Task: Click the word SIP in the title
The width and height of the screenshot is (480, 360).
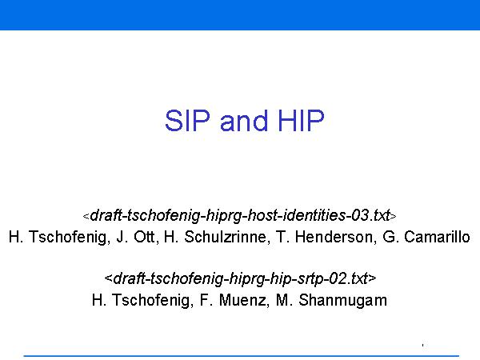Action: [188, 121]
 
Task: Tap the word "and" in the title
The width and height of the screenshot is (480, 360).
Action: [244, 121]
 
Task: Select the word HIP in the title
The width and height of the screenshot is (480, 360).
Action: [300, 121]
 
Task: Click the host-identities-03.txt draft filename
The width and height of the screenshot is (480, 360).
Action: [240, 216]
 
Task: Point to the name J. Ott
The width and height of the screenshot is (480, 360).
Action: [136, 237]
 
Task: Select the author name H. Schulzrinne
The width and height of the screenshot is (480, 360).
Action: [215, 237]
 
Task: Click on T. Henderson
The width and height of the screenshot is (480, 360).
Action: [325, 237]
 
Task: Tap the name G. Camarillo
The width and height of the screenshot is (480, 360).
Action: [426, 237]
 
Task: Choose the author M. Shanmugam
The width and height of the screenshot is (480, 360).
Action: [331, 300]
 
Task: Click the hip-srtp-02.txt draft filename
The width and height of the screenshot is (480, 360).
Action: [240, 278]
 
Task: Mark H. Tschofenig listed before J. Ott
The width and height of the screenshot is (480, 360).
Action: [58, 237]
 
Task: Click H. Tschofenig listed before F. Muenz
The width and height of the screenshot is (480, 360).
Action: [141, 300]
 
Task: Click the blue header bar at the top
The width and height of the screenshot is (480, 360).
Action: [240, 15]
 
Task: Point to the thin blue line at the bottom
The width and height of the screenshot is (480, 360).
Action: [242, 356]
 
